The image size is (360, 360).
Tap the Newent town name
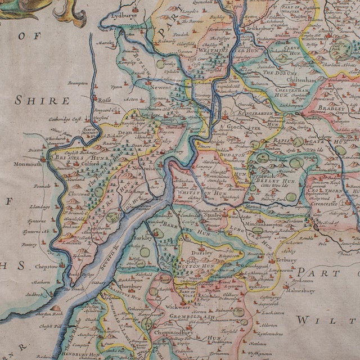coord(166,89)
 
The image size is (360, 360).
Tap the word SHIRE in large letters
coord(43,101)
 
